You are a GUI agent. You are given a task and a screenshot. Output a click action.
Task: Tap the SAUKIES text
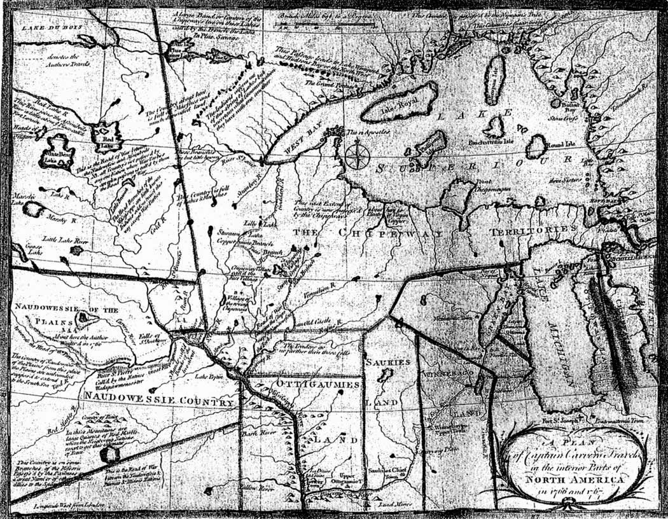click(x=386, y=362)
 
